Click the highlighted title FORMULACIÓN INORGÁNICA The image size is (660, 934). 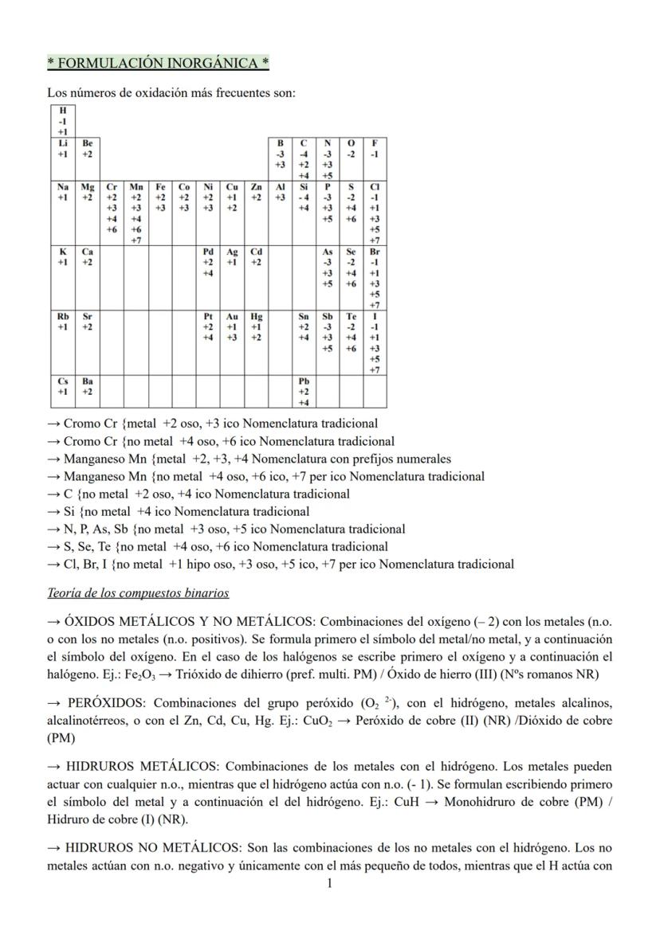pyautogui.click(x=158, y=63)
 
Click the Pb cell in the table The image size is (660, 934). pyautogui.click(x=303, y=392)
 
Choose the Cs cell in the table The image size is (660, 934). pyautogui.click(x=63, y=386)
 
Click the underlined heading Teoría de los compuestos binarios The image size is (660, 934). pyautogui.click(x=138, y=593)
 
